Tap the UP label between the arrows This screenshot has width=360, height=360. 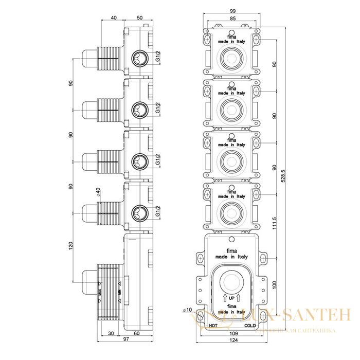pyautogui.click(x=232, y=297)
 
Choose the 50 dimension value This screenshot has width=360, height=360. pyautogui.click(x=139, y=18)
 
